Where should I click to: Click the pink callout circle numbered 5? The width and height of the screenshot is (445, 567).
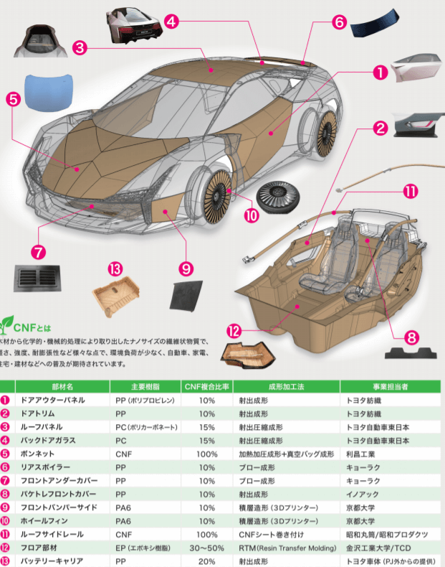tap(12, 100)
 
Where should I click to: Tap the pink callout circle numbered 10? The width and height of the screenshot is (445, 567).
tap(250, 215)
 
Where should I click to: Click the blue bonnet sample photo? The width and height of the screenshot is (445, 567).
tap(49, 90)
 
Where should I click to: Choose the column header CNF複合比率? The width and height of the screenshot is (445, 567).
tap(207, 385)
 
